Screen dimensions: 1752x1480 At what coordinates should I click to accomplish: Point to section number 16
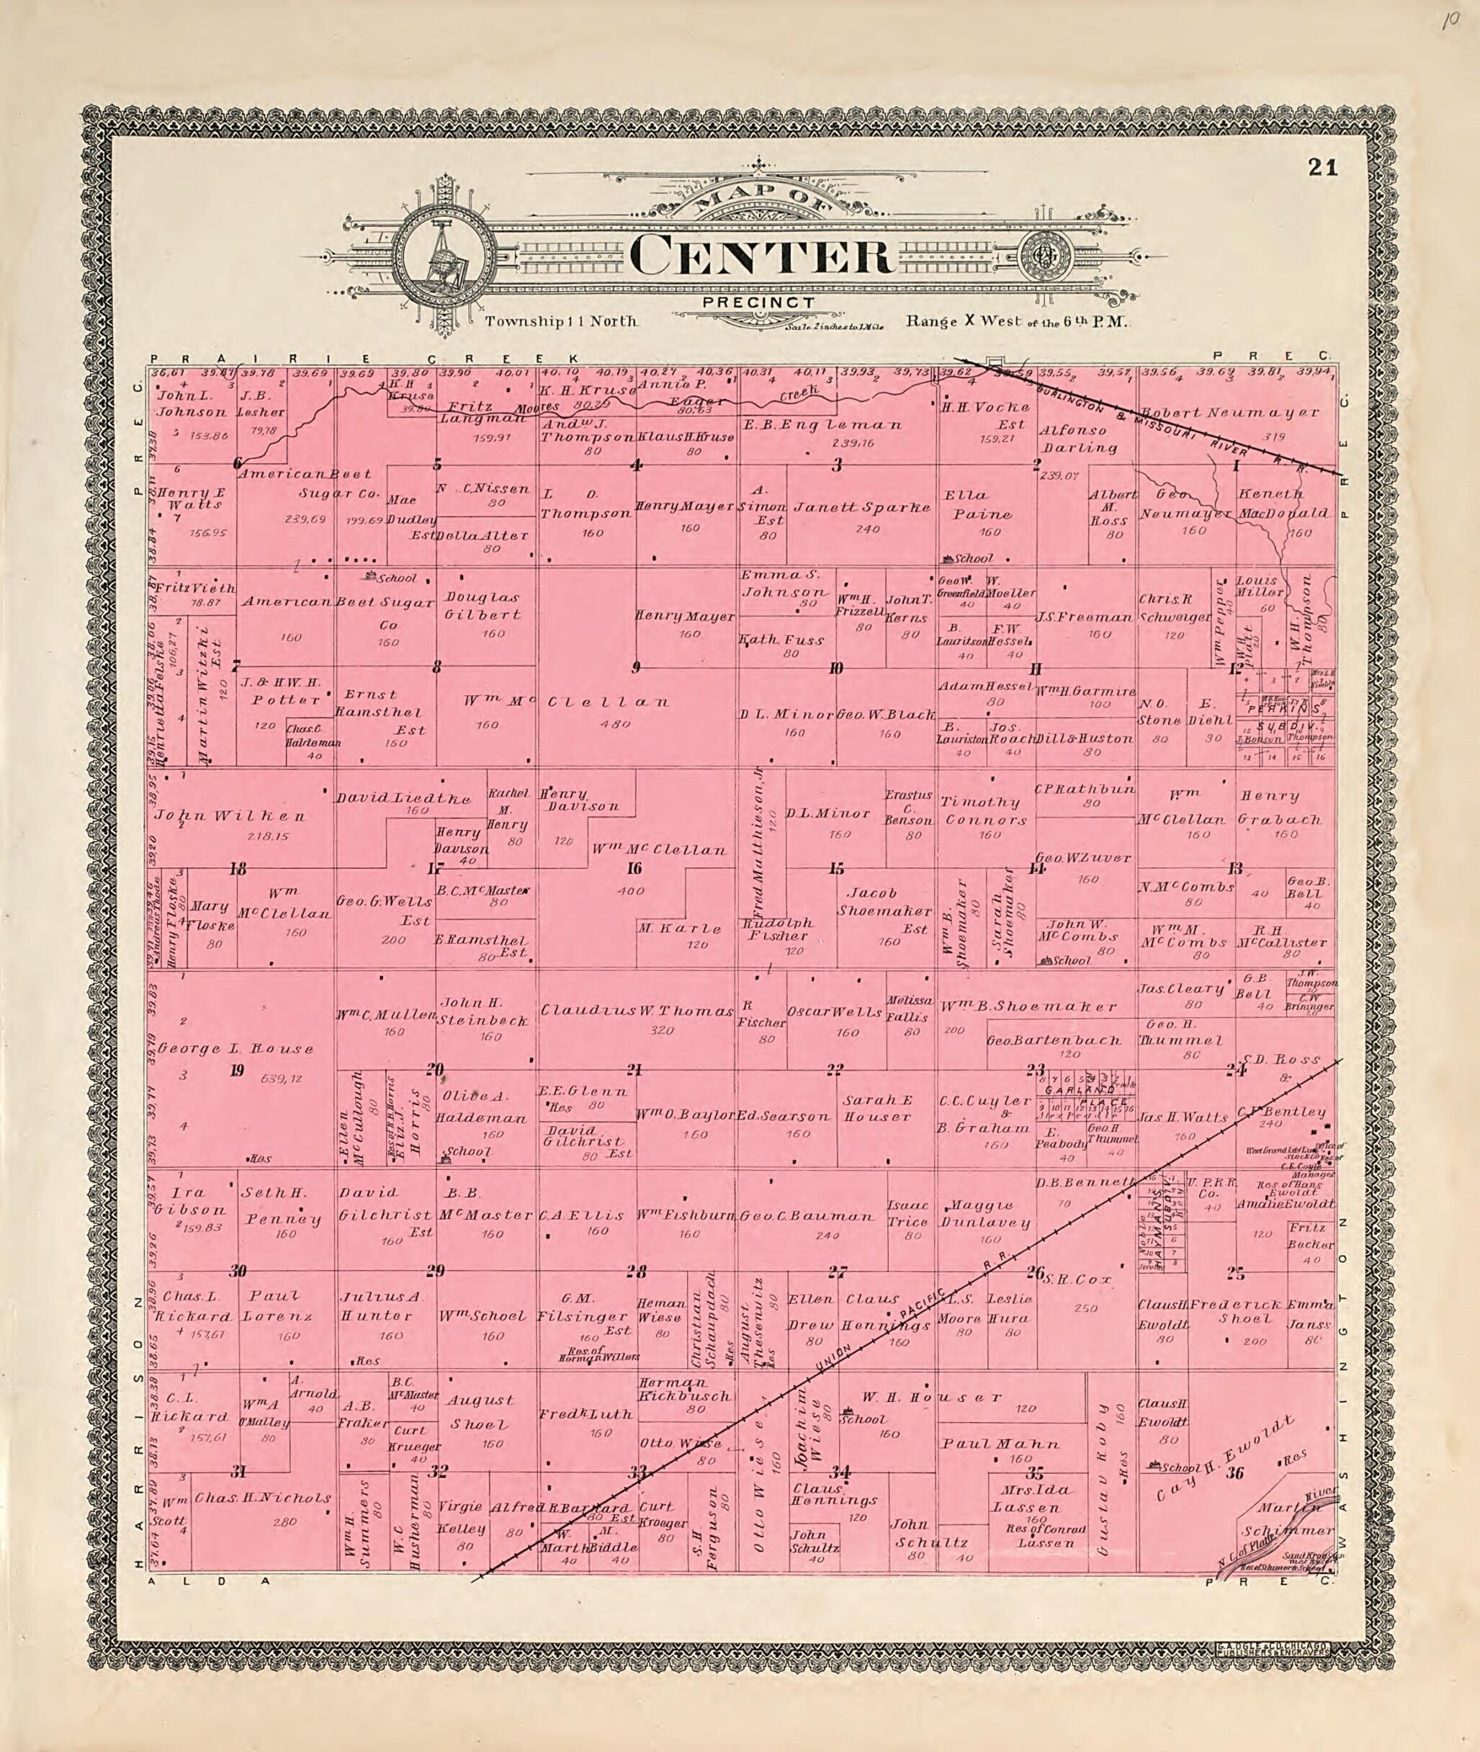[x=635, y=869]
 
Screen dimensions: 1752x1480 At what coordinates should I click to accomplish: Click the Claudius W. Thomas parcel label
[x=637, y=1011]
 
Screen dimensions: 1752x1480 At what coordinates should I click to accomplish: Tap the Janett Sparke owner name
[x=863, y=508]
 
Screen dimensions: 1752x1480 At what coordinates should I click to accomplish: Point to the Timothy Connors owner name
[x=980, y=810]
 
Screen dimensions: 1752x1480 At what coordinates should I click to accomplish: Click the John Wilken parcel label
[x=230, y=815]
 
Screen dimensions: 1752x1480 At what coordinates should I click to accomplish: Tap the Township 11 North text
[x=561, y=321]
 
